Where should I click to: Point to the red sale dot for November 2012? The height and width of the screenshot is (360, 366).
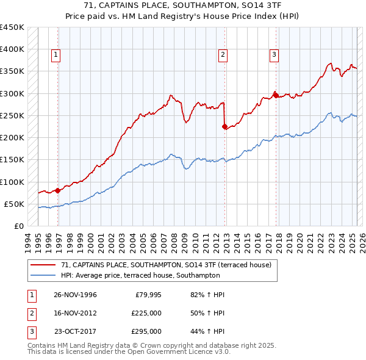[x=225, y=127]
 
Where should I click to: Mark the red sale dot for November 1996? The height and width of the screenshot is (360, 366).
[x=58, y=190]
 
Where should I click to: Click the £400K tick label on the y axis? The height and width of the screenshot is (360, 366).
[x=12, y=49]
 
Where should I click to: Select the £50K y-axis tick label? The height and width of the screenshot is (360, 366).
[x=15, y=204]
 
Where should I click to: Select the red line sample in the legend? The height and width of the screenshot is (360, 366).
[x=43, y=265]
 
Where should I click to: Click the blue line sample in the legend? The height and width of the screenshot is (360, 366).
[x=43, y=275]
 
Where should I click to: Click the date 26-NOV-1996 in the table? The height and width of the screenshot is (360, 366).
[x=75, y=295]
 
